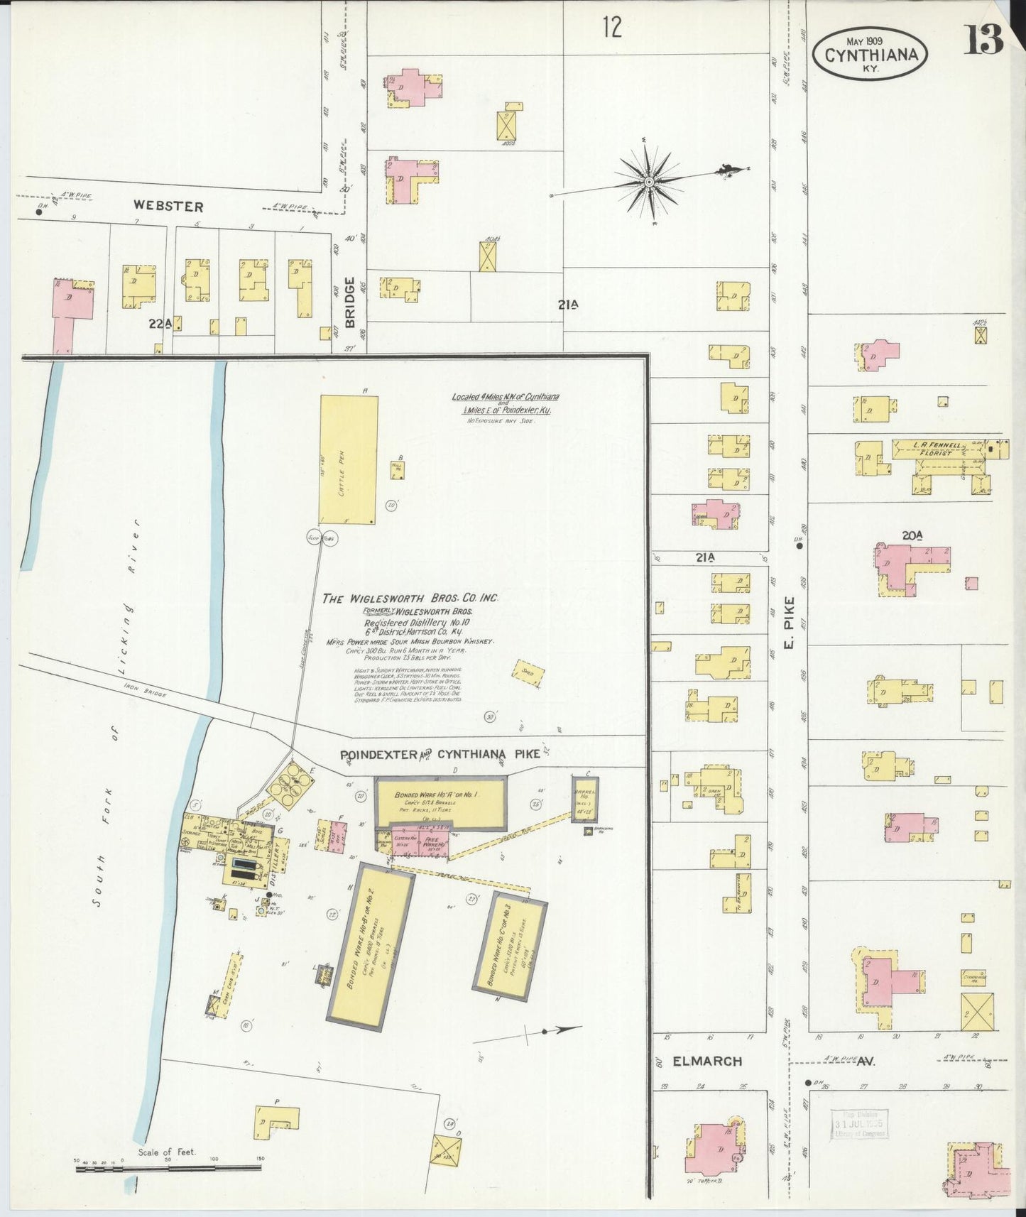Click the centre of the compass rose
tap(648, 182)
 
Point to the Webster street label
tap(168, 207)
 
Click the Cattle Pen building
tap(348, 459)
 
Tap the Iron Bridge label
tap(145, 690)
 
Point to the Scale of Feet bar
tap(168, 1167)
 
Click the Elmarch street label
tap(707, 1061)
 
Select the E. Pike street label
tap(790, 622)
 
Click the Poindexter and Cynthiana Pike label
tap(440, 755)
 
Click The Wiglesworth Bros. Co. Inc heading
tap(410, 598)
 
